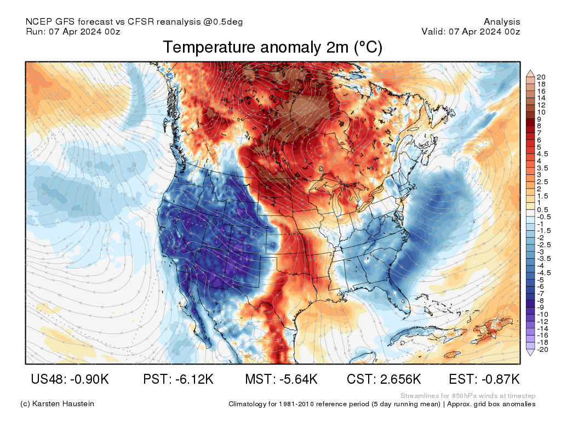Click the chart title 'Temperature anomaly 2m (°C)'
(272, 48)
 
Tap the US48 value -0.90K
(70, 379)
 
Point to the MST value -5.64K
(282, 379)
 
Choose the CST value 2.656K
(384, 379)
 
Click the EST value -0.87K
(484, 379)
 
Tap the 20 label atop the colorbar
(541, 77)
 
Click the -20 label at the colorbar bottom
(542, 349)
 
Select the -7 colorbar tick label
(541, 293)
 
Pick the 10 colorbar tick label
(541, 112)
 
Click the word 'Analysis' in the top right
(502, 22)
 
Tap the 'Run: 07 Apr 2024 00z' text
(73, 31)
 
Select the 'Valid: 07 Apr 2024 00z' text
(471, 31)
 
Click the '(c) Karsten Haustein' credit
(57, 403)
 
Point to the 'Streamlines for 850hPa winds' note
(468, 396)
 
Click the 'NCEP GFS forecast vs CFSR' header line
(134, 22)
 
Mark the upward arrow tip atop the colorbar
(530, 71)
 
